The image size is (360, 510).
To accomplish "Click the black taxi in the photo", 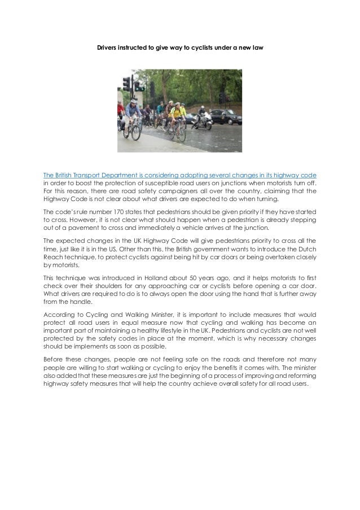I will (226, 117).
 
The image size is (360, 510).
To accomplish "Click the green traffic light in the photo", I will (137, 88).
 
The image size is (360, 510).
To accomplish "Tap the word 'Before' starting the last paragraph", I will (54, 360).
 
